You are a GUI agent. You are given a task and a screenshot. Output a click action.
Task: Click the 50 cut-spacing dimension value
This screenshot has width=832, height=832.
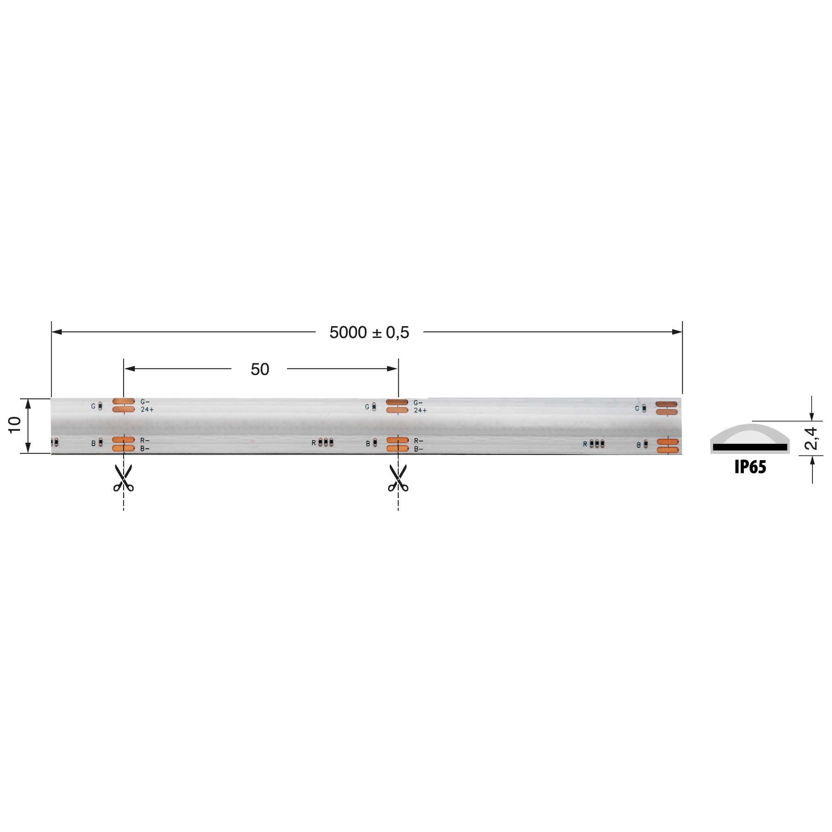(x=260, y=369)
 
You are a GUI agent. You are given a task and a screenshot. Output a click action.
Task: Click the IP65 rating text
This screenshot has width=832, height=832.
(x=750, y=467)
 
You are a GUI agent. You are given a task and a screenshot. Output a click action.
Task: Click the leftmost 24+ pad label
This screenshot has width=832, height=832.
(x=147, y=410)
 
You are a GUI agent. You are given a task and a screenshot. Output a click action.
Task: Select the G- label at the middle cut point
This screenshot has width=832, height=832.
(x=418, y=403)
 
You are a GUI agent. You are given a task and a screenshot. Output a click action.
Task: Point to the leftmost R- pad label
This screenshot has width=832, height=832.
(x=145, y=441)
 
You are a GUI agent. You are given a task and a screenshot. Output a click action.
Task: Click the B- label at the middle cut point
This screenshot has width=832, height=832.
(x=418, y=449)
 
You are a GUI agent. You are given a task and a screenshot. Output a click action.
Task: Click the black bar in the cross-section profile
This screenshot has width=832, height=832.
(x=750, y=448)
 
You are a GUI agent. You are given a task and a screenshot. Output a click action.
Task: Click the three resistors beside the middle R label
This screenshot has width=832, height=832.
(x=326, y=442)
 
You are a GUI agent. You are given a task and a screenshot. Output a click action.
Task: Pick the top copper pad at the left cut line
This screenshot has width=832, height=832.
(x=123, y=402)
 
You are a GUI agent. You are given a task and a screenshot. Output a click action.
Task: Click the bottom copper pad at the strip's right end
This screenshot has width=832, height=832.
(x=667, y=450)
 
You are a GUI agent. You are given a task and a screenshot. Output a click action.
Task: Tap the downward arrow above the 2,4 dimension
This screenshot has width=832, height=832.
(x=812, y=416)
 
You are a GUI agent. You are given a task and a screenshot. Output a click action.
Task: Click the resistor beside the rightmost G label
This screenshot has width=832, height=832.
(x=644, y=408)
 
